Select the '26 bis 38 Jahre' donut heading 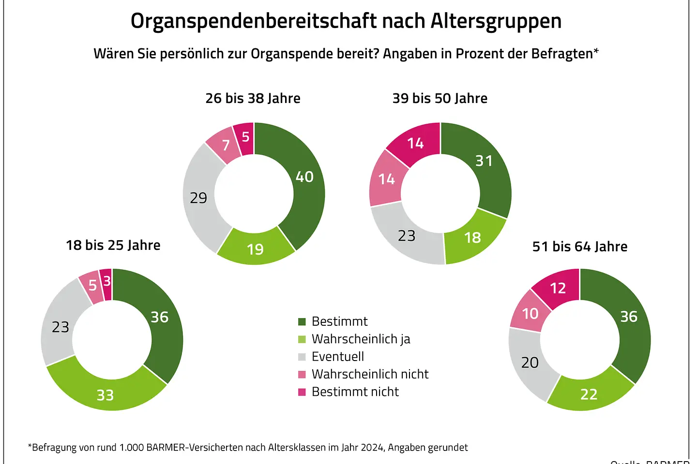click(x=253, y=98)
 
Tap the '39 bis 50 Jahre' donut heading click(x=439, y=98)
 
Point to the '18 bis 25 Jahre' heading click(x=113, y=245)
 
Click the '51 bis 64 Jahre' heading click(x=580, y=246)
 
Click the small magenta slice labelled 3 click(x=106, y=282)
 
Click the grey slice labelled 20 click(x=530, y=362)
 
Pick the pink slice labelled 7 click(x=225, y=145)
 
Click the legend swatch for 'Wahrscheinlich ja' click(x=302, y=339)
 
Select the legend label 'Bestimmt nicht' click(x=355, y=391)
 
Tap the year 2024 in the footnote click(x=372, y=448)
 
